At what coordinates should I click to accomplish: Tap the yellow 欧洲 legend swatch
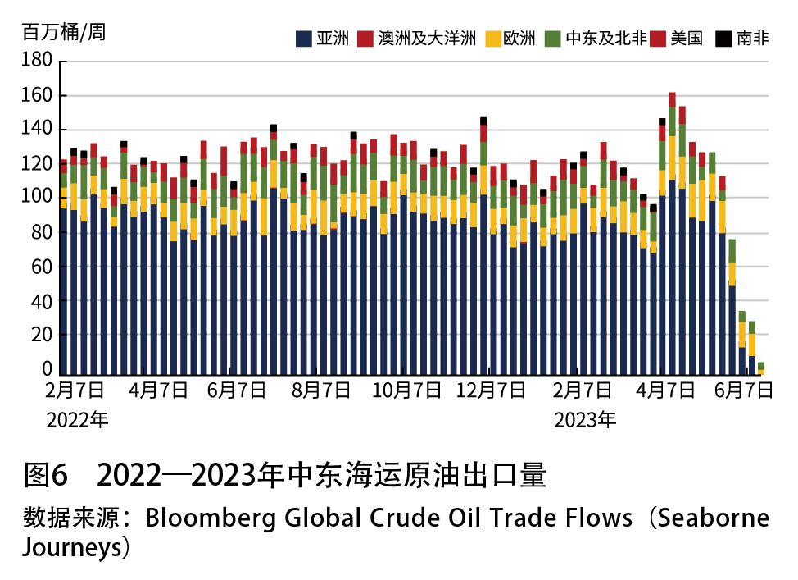[x=493, y=38]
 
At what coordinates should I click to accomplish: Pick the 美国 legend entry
[x=687, y=38]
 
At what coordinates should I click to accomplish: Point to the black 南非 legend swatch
[x=723, y=38]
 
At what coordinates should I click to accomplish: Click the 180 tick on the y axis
[x=37, y=62]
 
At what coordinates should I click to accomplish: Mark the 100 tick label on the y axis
[x=37, y=198]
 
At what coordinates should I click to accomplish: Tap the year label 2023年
[x=585, y=420]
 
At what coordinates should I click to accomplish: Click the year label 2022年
[x=77, y=420]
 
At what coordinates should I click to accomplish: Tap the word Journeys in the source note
[x=71, y=547]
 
